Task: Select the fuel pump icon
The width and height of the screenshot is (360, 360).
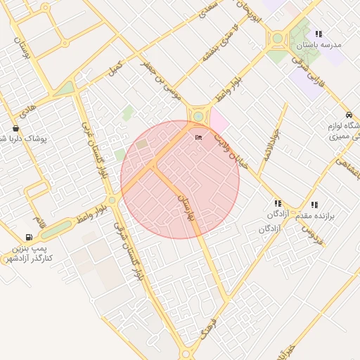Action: (x=29, y=238)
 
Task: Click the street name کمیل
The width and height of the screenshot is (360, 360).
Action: (x=115, y=68)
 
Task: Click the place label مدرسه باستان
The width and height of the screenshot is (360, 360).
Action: (x=320, y=44)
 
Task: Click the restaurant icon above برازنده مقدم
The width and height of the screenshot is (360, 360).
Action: (x=314, y=204)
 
